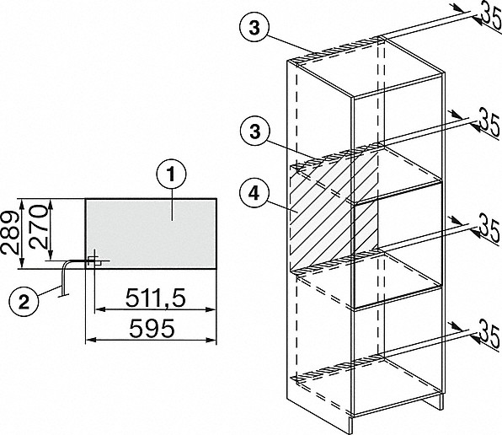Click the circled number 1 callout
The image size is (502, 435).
click(171, 175)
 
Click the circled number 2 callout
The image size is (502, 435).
click(24, 302)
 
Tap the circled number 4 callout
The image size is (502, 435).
click(254, 194)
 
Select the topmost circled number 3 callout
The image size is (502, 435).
click(254, 28)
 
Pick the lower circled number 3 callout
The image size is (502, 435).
click(254, 131)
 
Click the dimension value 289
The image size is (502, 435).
click(9, 233)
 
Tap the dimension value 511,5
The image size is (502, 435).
click(155, 298)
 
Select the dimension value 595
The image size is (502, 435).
click(152, 328)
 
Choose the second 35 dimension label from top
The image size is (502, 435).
click(489, 124)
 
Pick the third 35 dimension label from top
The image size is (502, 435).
click(490, 232)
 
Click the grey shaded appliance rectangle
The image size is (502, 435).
click(151, 234)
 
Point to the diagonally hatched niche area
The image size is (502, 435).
click(333, 212)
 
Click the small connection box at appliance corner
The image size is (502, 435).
click(95, 261)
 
